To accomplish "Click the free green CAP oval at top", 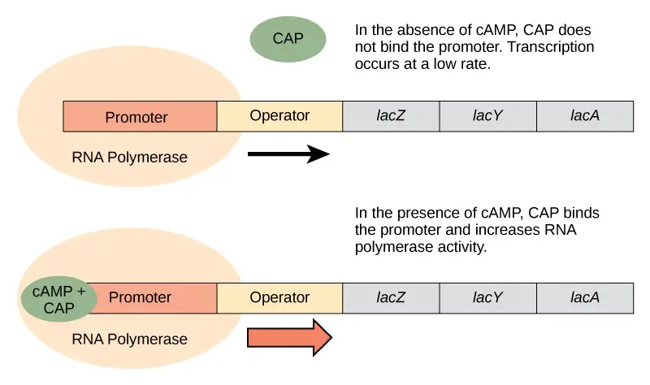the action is click(x=288, y=39).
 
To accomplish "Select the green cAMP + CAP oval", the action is click(x=58, y=299).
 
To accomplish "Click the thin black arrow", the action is click(x=288, y=154).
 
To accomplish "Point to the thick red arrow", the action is click(x=289, y=337).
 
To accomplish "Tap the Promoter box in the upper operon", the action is click(x=140, y=116).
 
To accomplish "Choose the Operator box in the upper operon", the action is click(x=279, y=116).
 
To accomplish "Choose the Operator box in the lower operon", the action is click(x=279, y=298).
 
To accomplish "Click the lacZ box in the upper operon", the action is click(x=391, y=116).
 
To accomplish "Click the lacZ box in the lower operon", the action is click(x=391, y=298).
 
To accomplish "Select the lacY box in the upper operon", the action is click(x=488, y=116).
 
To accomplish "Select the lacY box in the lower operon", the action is click(x=488, y=298).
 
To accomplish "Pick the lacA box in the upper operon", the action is click(x=585, y=116).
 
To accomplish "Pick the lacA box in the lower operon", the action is click(x=585, y=298).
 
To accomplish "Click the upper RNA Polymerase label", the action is click(x=129, y=158).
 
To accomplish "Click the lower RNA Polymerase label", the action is click(x=129, y=340).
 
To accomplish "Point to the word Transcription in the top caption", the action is click(x=551, y=47).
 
